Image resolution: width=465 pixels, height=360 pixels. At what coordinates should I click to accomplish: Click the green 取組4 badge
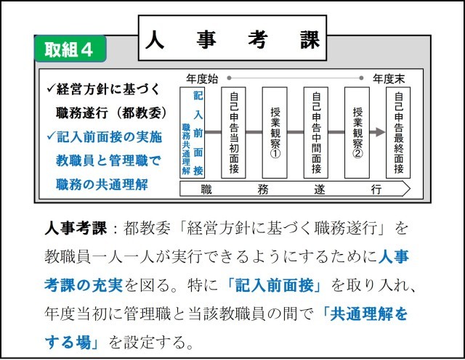click(x=70, y=49)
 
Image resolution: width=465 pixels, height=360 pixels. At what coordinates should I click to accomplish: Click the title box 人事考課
click(x=232, y=38)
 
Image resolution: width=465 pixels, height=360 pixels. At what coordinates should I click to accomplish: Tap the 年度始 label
click(x=202, y=79)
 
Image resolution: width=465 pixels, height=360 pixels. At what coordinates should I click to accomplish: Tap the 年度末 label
click(x=389, y=79)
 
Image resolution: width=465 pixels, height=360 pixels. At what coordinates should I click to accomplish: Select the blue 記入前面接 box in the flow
click(x=192, y=133)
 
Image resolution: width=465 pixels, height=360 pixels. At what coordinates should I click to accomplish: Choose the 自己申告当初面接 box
click(x=233, y=133)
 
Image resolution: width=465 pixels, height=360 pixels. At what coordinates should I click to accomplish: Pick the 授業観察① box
click(x=275, y=133)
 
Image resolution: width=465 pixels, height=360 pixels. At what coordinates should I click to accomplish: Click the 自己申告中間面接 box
click(x=316, y=133)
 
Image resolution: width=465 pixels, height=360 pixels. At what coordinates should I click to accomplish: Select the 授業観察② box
click(x=357, y=133)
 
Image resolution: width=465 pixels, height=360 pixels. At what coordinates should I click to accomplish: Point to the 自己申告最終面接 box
click(x=398, y=133)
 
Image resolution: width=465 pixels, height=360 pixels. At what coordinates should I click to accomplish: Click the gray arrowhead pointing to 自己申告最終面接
click(x=380, y=132)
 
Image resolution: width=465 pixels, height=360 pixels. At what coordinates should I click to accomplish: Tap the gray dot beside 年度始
click(x=229, y=78)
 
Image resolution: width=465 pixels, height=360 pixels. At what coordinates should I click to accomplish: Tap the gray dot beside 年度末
click(x=361, y=78)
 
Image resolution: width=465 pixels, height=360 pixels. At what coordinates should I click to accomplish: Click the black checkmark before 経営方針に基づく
click(x=51, y=88)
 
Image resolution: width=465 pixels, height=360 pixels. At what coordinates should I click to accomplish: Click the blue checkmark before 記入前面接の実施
click(x=51, y=136)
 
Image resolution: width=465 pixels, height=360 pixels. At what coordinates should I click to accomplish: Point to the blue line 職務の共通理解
click(x=102, y=184)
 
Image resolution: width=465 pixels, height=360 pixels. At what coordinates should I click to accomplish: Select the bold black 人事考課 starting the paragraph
click(x=76, y=228)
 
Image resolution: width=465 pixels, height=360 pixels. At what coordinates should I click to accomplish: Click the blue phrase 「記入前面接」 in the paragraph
click(x=274, y=286)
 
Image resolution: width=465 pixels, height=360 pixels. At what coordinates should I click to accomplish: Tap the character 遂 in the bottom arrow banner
click(x=320, y=189)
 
